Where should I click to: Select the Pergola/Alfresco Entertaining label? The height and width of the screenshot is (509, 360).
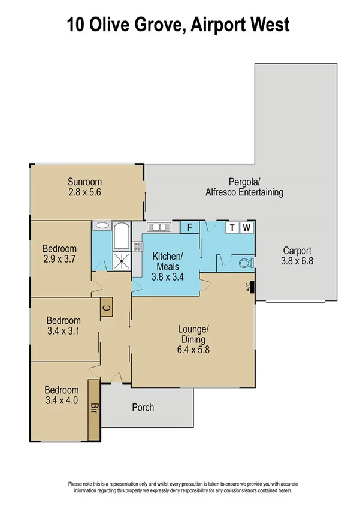click(244, 187)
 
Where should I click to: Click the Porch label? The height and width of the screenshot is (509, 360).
click(143, 408)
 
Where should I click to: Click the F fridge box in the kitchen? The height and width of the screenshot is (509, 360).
click(189, 227)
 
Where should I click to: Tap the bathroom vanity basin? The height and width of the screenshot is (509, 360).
click(102, 226)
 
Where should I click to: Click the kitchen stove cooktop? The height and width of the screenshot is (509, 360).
click(137, 245)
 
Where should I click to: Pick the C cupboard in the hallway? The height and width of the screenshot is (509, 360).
click(106, 308)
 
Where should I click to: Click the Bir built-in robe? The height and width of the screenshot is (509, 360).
click(93, 408)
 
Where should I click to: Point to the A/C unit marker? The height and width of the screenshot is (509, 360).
click(251, 288)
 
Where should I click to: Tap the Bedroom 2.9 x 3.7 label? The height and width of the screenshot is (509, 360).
click(60, 254)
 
